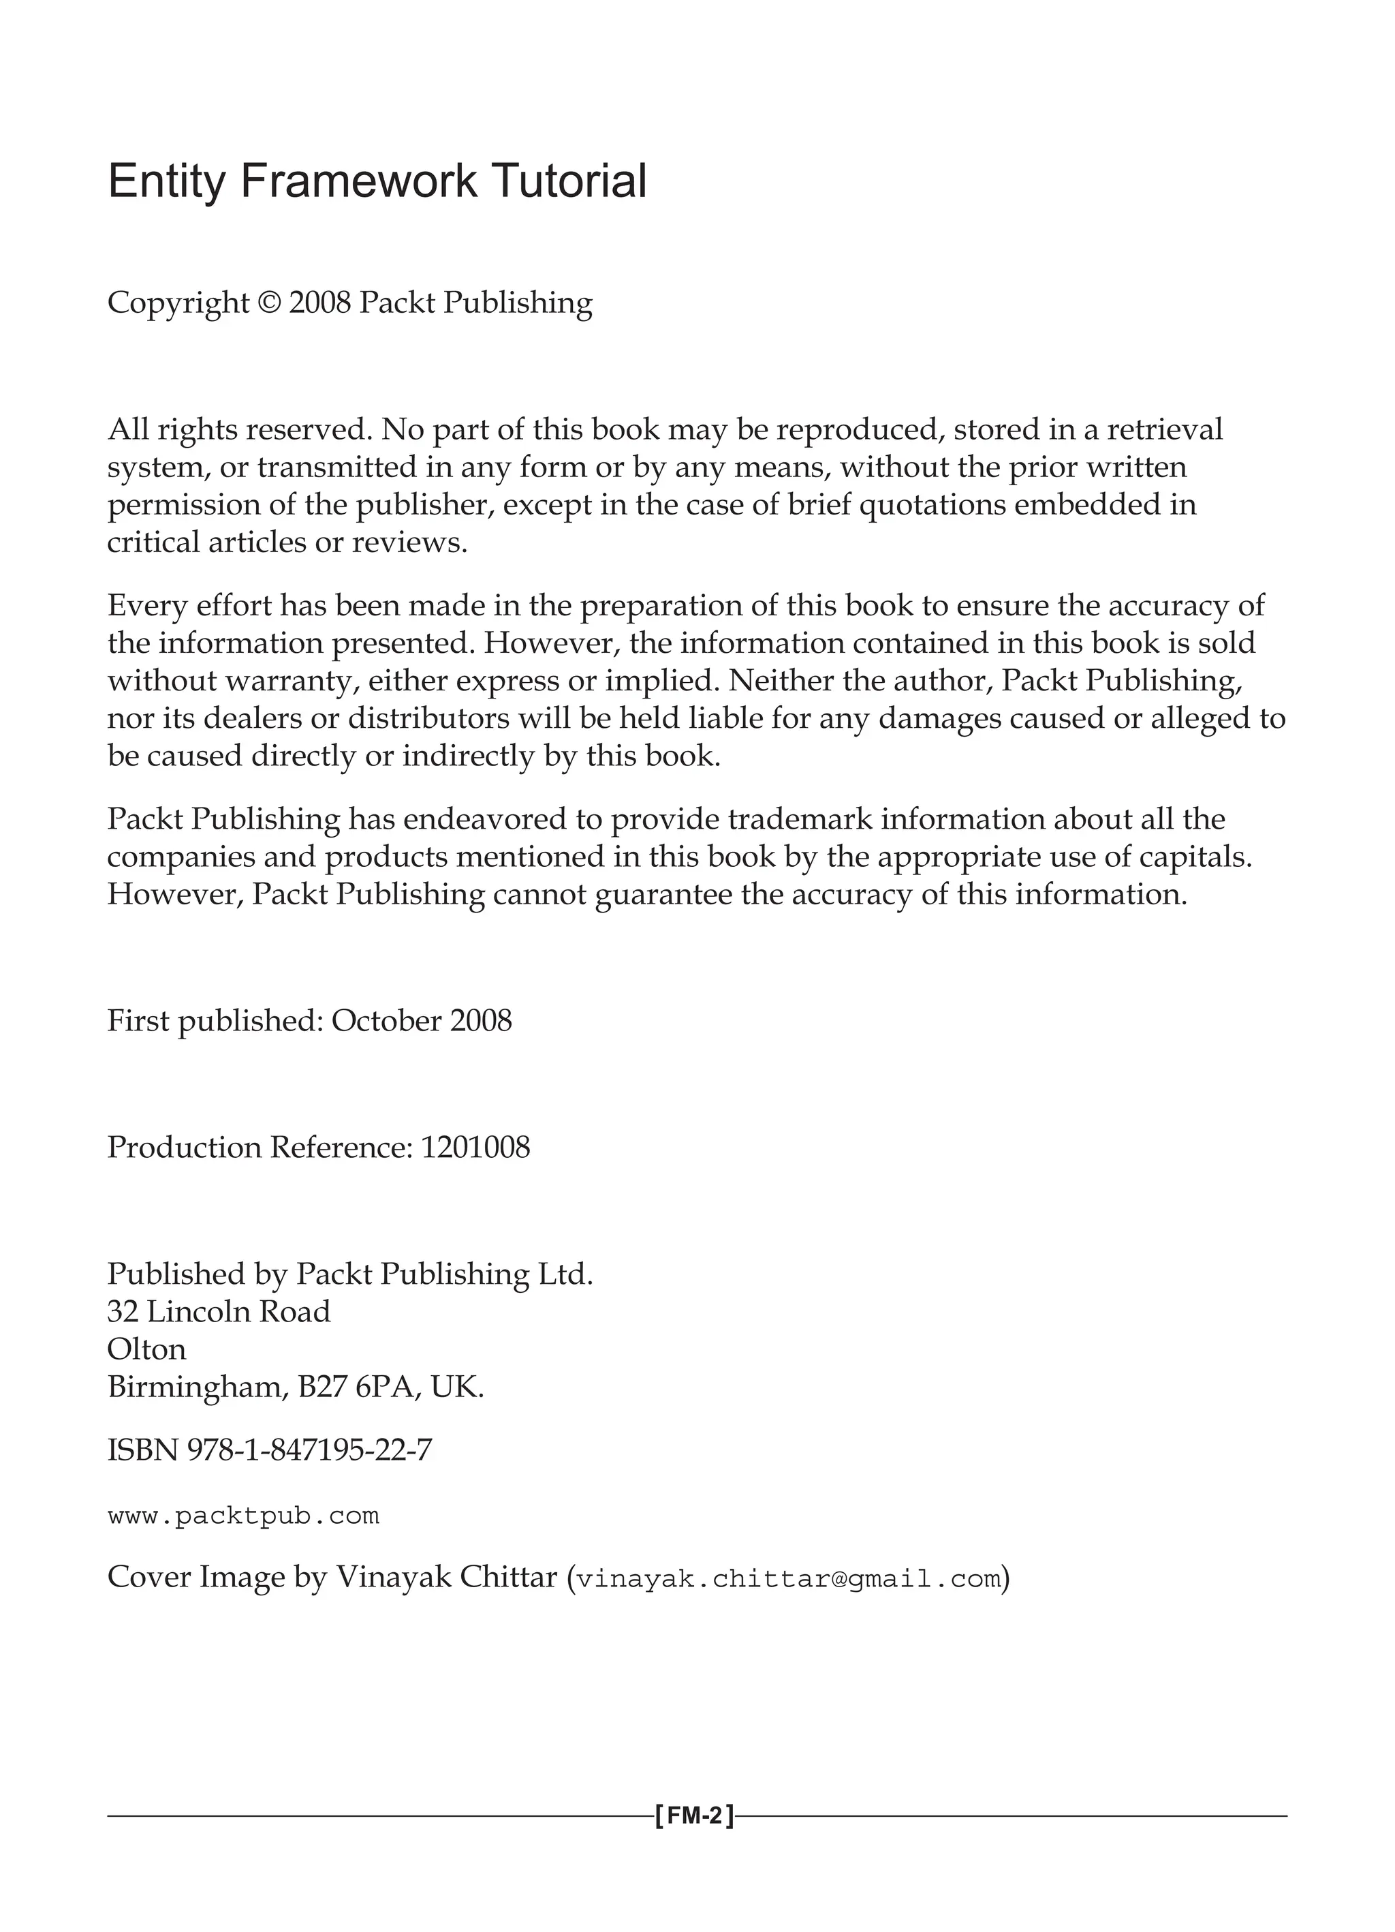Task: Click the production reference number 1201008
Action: point(475,1148)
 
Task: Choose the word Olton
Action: point(146,1349)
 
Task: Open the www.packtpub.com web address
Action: point(244,1516)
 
